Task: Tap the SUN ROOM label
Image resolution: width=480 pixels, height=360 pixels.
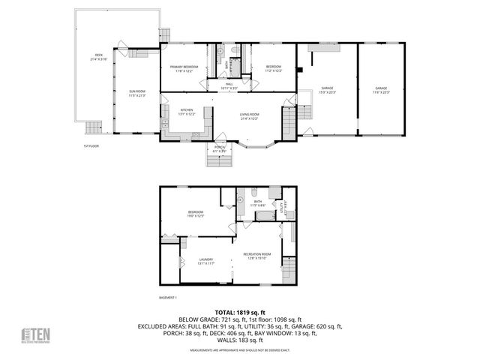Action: pos(136,94)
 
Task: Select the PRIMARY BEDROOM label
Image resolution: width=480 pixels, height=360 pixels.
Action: pos(183,68)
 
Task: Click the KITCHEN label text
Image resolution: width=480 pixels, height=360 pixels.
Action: pos(186,112)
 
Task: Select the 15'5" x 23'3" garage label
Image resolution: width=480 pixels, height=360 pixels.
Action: pos(328,89)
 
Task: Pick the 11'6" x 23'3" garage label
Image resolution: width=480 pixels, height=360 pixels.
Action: pos(381,89)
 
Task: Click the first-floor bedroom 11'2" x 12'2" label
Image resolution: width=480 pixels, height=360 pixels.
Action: pos(274,68)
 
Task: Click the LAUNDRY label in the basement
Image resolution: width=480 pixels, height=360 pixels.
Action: pos(205,261)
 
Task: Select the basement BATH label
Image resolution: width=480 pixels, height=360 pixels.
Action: pos(256,202)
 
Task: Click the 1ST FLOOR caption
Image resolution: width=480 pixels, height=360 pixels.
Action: pos(91,146)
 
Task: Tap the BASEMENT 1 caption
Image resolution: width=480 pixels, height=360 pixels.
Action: pos(169,298)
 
